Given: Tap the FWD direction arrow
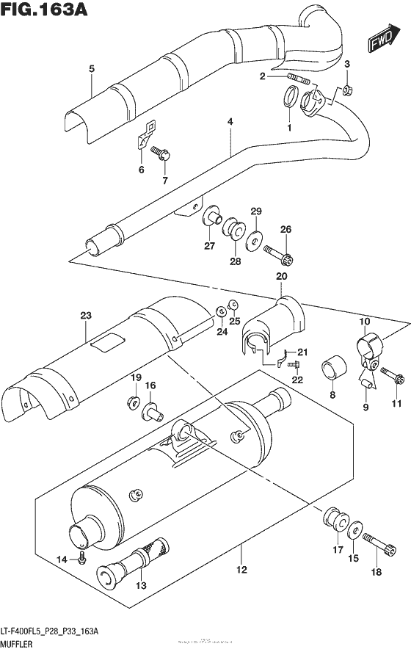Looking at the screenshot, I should click(x=383, y=39).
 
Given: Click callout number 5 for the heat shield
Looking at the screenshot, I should click(x=91, y=69).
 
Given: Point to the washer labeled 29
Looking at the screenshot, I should click(x=255, y=238).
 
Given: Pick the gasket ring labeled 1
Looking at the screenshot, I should click(x=289, y=98).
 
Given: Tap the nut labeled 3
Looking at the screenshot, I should click(x=348, y=91).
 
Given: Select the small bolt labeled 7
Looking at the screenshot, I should click(x=162, y=153).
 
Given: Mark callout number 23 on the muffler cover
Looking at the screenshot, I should click(x=85, y=316).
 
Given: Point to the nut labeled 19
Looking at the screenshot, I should click(x=136, y=401).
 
